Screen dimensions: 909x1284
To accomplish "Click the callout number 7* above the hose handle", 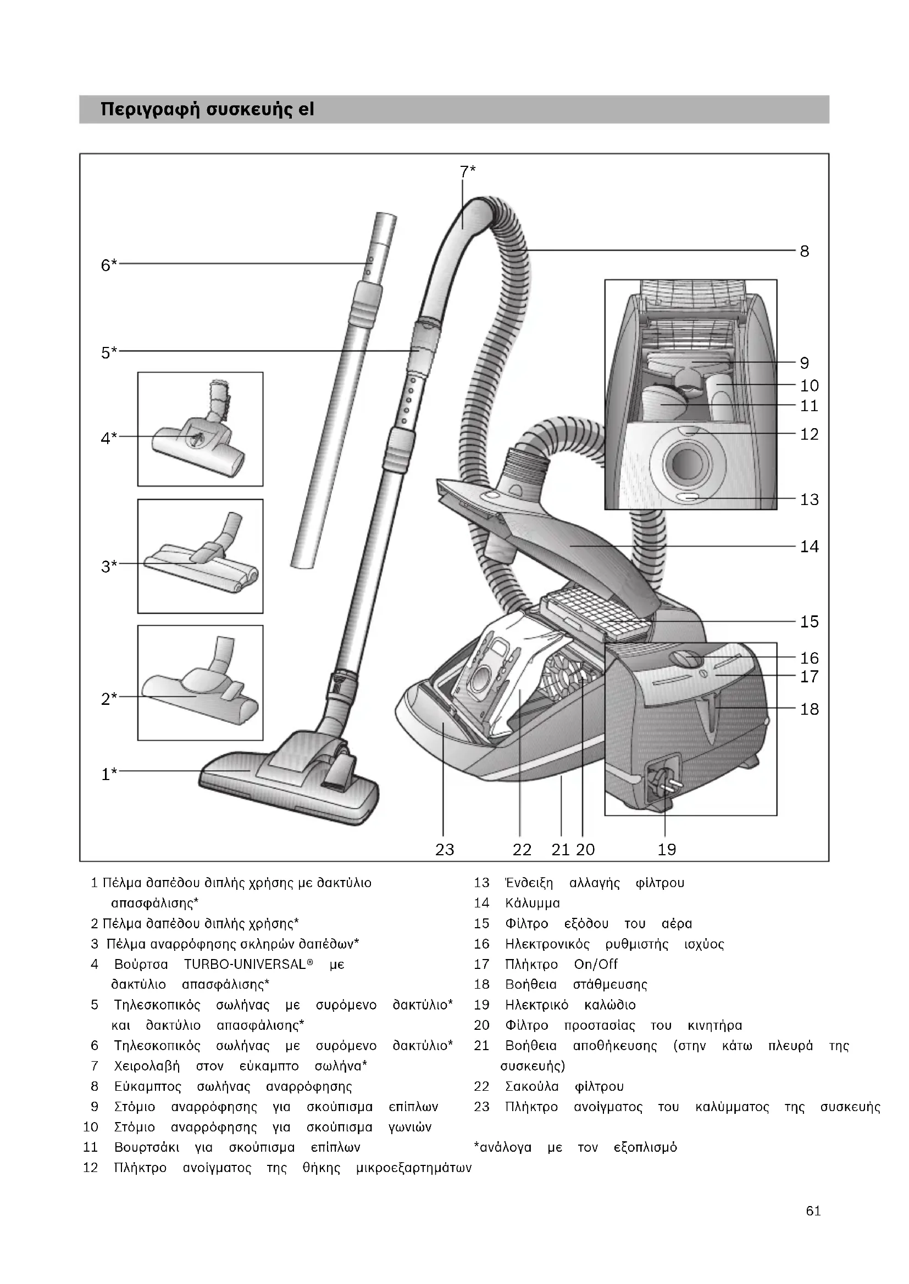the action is coord(467,171).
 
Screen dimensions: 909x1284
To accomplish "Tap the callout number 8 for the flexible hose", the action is coord(804,251).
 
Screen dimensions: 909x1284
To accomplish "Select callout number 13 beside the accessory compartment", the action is coord(809,499).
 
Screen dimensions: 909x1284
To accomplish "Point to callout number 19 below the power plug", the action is coord(667,849).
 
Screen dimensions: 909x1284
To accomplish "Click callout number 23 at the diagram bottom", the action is coord(445,849).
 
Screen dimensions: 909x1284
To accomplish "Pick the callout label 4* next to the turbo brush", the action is coord(109,438).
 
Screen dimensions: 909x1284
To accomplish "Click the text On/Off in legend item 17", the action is coord(596,964).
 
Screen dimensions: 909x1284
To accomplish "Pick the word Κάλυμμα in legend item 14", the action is coord(532,903).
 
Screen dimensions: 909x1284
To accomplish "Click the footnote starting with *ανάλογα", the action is coord(575,1147).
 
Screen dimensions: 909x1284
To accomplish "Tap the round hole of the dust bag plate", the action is coord(480,681).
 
